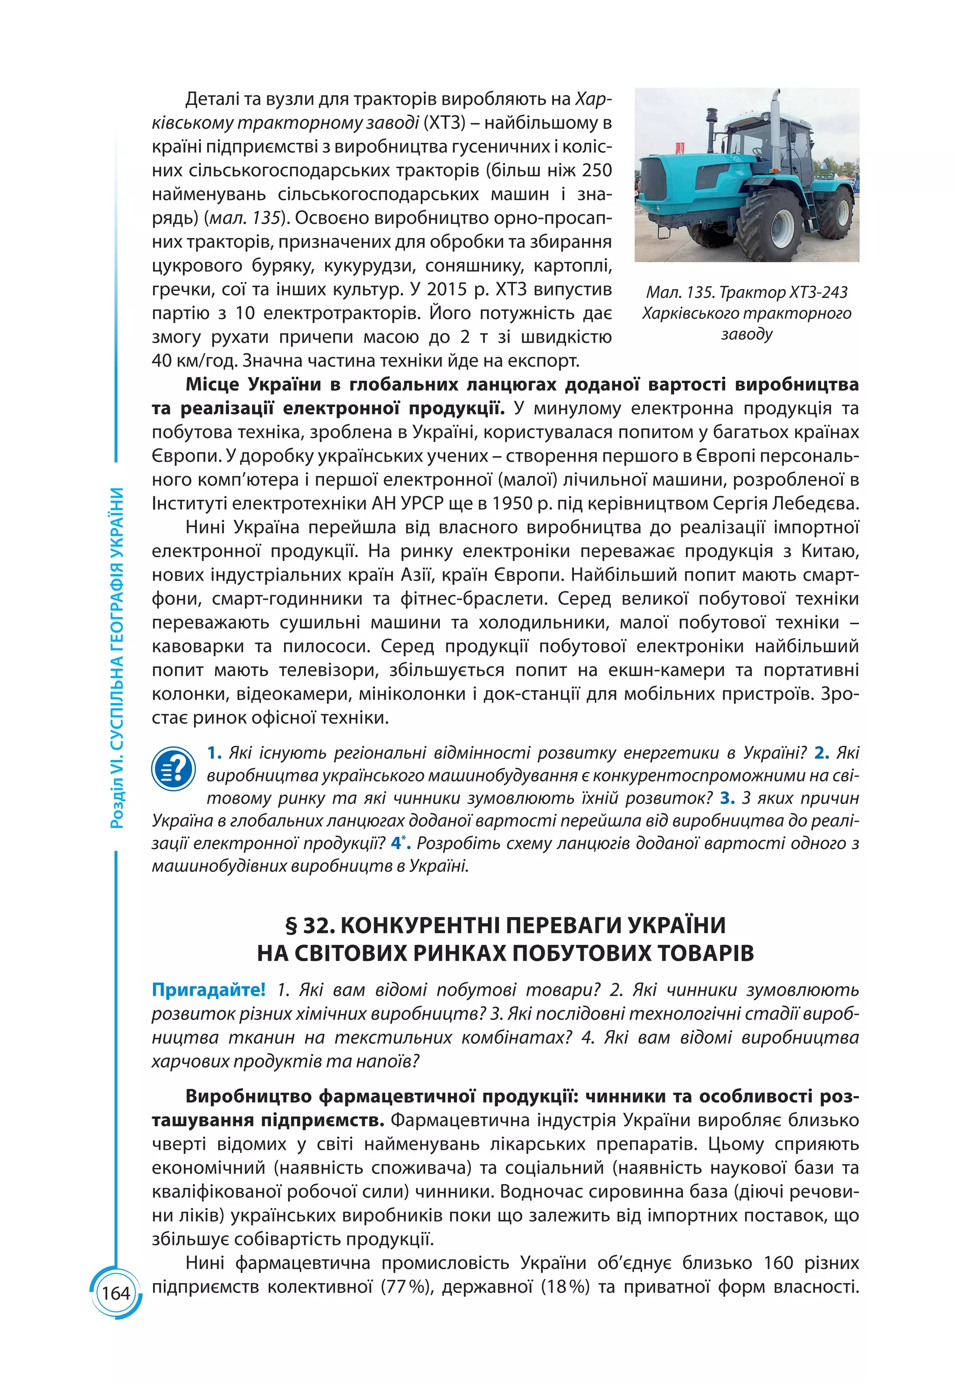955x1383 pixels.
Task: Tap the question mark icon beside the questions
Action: click(173, 768)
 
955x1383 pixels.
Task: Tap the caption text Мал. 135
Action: click(679, 292)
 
